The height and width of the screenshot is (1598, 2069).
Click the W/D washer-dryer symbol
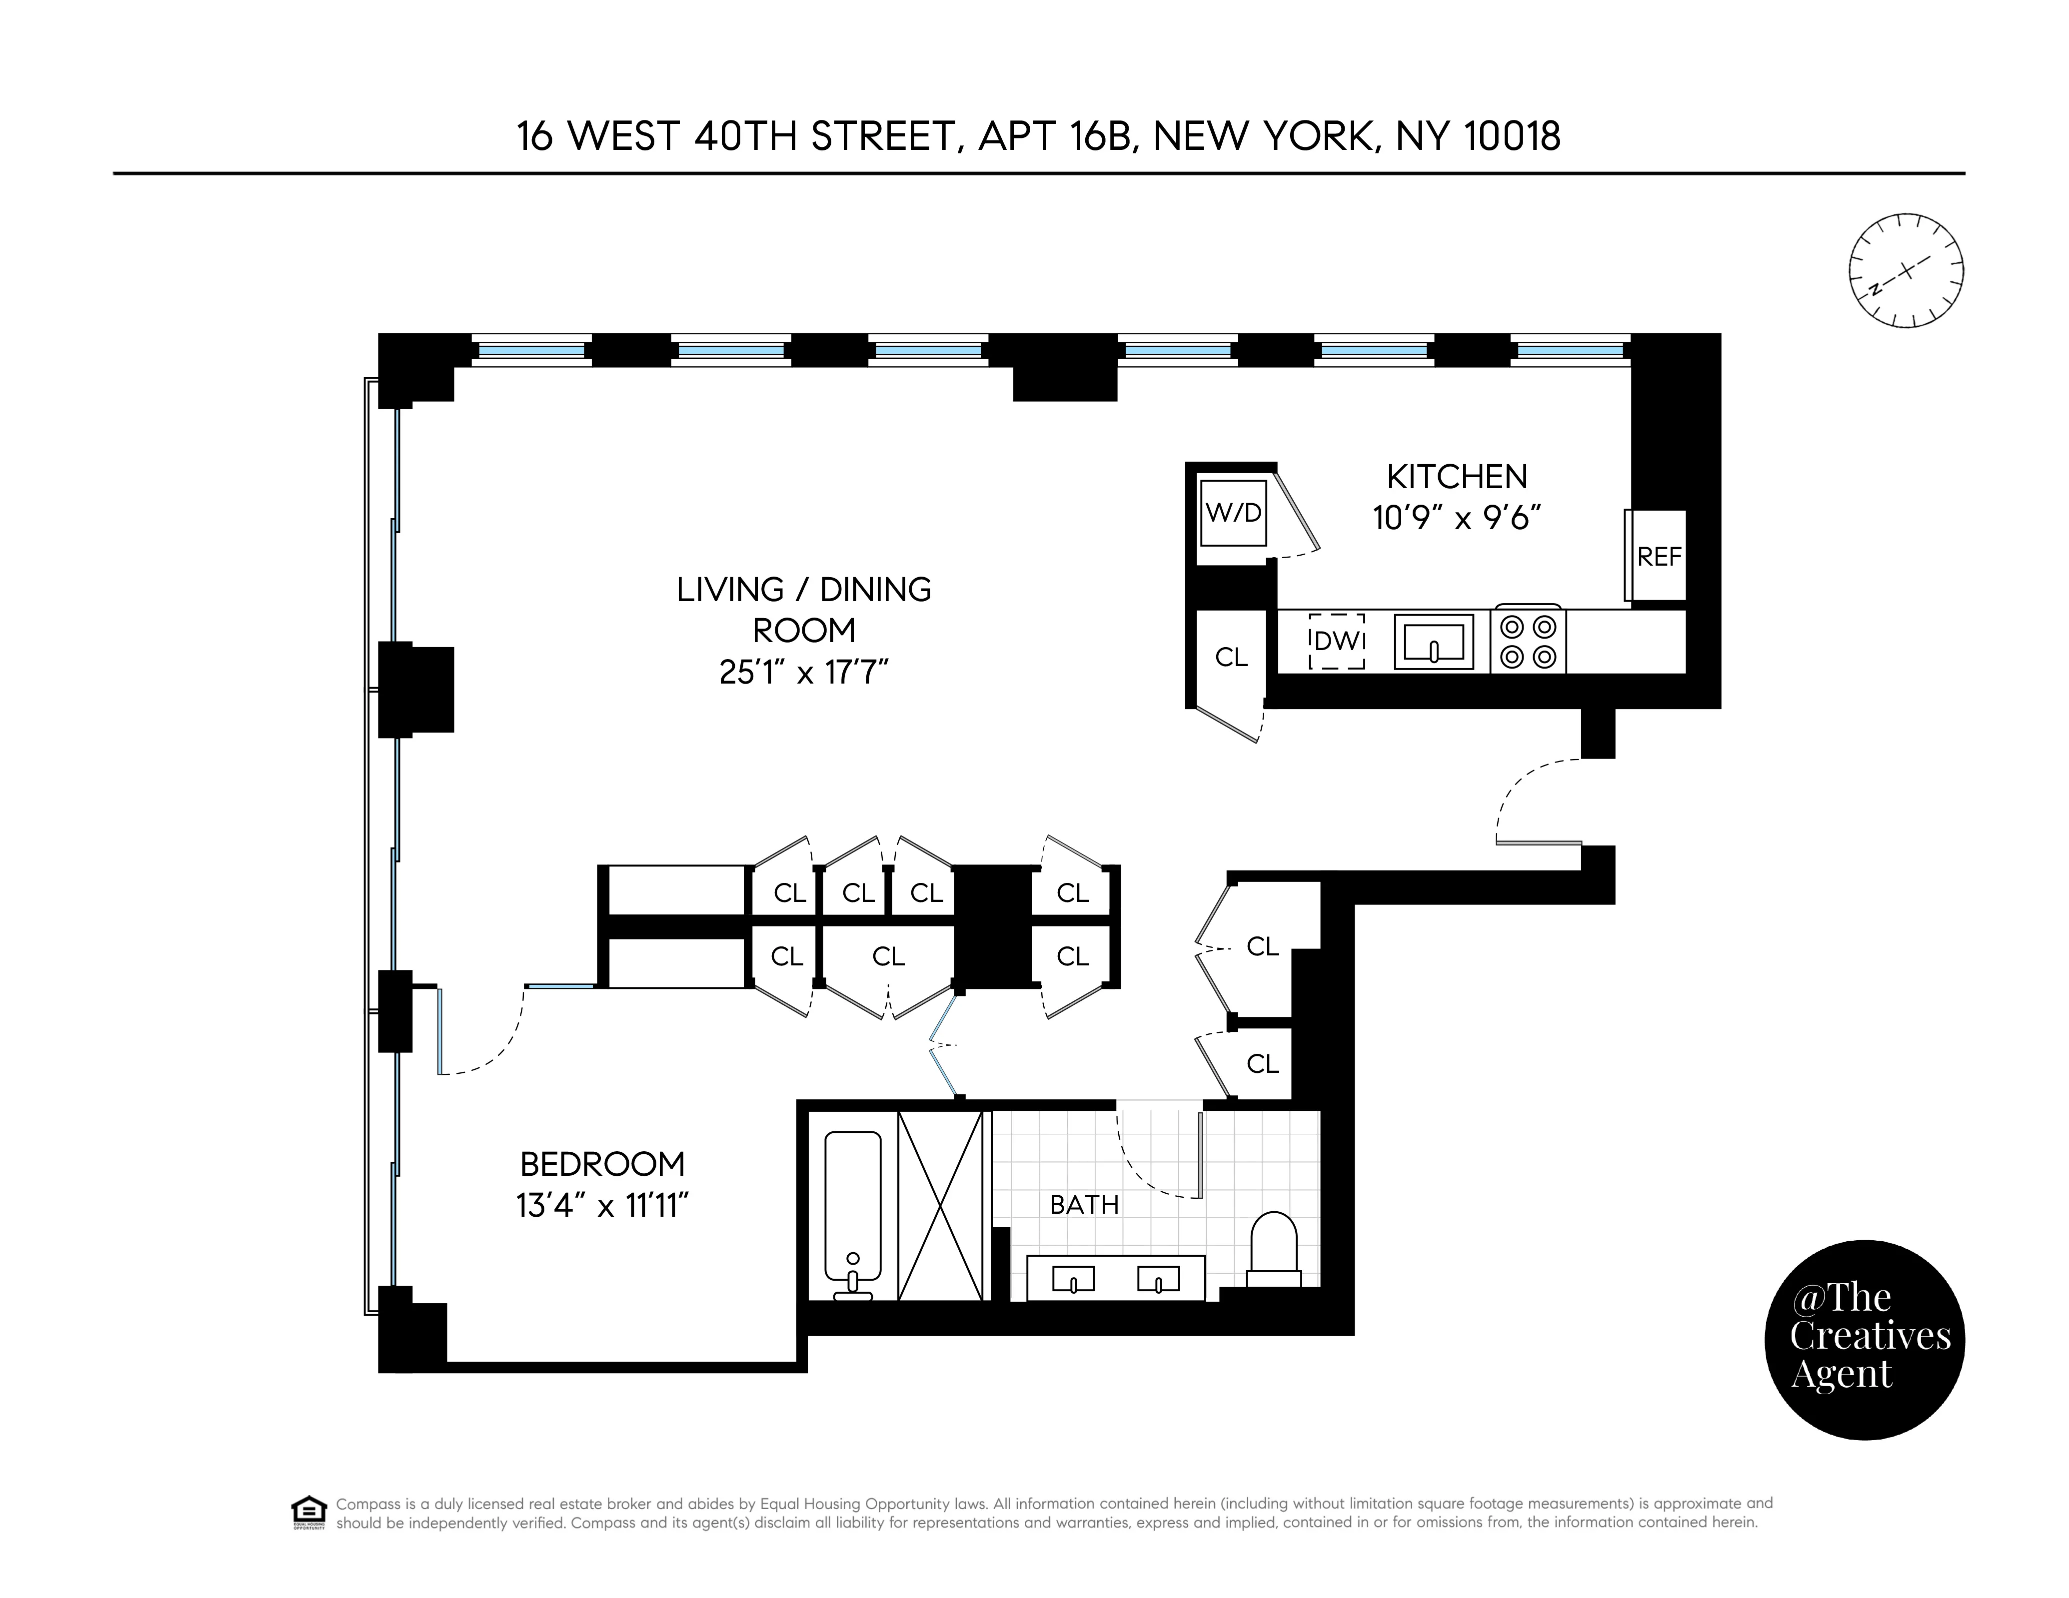[1233, 513]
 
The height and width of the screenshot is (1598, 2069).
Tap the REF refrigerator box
[1658, 556]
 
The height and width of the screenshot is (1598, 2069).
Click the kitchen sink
[1433, 641]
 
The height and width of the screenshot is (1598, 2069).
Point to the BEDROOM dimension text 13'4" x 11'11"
[602, 1206]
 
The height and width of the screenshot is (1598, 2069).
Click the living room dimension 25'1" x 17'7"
[803, 672]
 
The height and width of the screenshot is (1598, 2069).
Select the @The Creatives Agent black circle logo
[1864, 1339]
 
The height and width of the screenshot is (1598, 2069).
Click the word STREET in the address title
[880, 136]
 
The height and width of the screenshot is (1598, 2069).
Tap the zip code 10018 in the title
[1512, 136]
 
